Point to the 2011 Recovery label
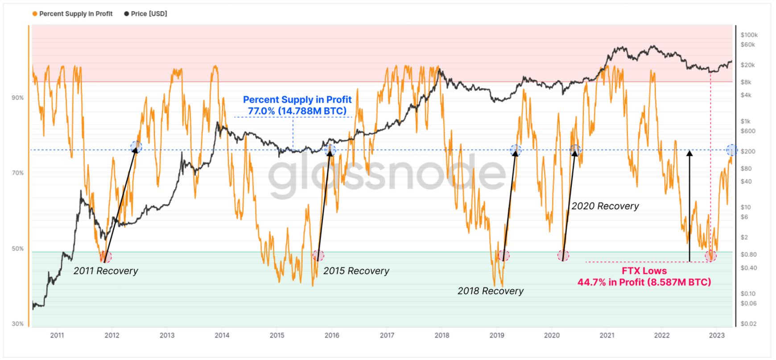pos(106,271)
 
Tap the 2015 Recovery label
pos(356,271)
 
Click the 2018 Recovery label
pos(490,291)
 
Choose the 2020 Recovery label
pos(605,206)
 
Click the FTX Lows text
pos(644,271)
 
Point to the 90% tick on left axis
pos(18,98)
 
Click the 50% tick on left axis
pos(18,248)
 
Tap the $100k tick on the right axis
pos(749,35)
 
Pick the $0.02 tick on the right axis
pos(748,323)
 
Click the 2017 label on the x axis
pos(387,335)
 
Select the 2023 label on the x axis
pos(716,335)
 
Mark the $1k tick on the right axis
pos(746,121)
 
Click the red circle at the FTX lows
pos(710,256)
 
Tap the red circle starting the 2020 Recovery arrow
pos(563,256)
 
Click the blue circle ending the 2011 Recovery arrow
pos(136,147)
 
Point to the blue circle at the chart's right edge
pos(731,150)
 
